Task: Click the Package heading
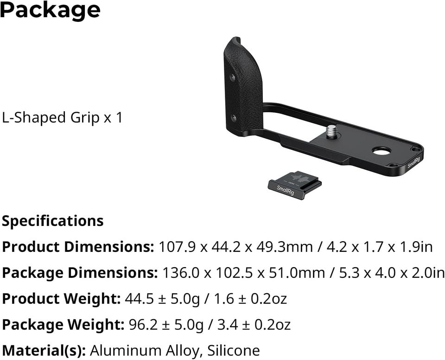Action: coord(50,11)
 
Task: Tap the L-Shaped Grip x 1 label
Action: coord(62,117)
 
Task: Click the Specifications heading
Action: coord(53,221)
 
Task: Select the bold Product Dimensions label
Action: coord(78,247)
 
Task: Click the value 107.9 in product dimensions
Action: coord(178,247)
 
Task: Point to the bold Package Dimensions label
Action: coord(80,273)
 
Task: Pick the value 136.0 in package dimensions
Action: coord(181,273)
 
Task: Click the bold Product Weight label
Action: coord(61,299)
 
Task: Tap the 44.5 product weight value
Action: coord(140,299)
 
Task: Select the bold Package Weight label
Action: coord(63,324)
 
